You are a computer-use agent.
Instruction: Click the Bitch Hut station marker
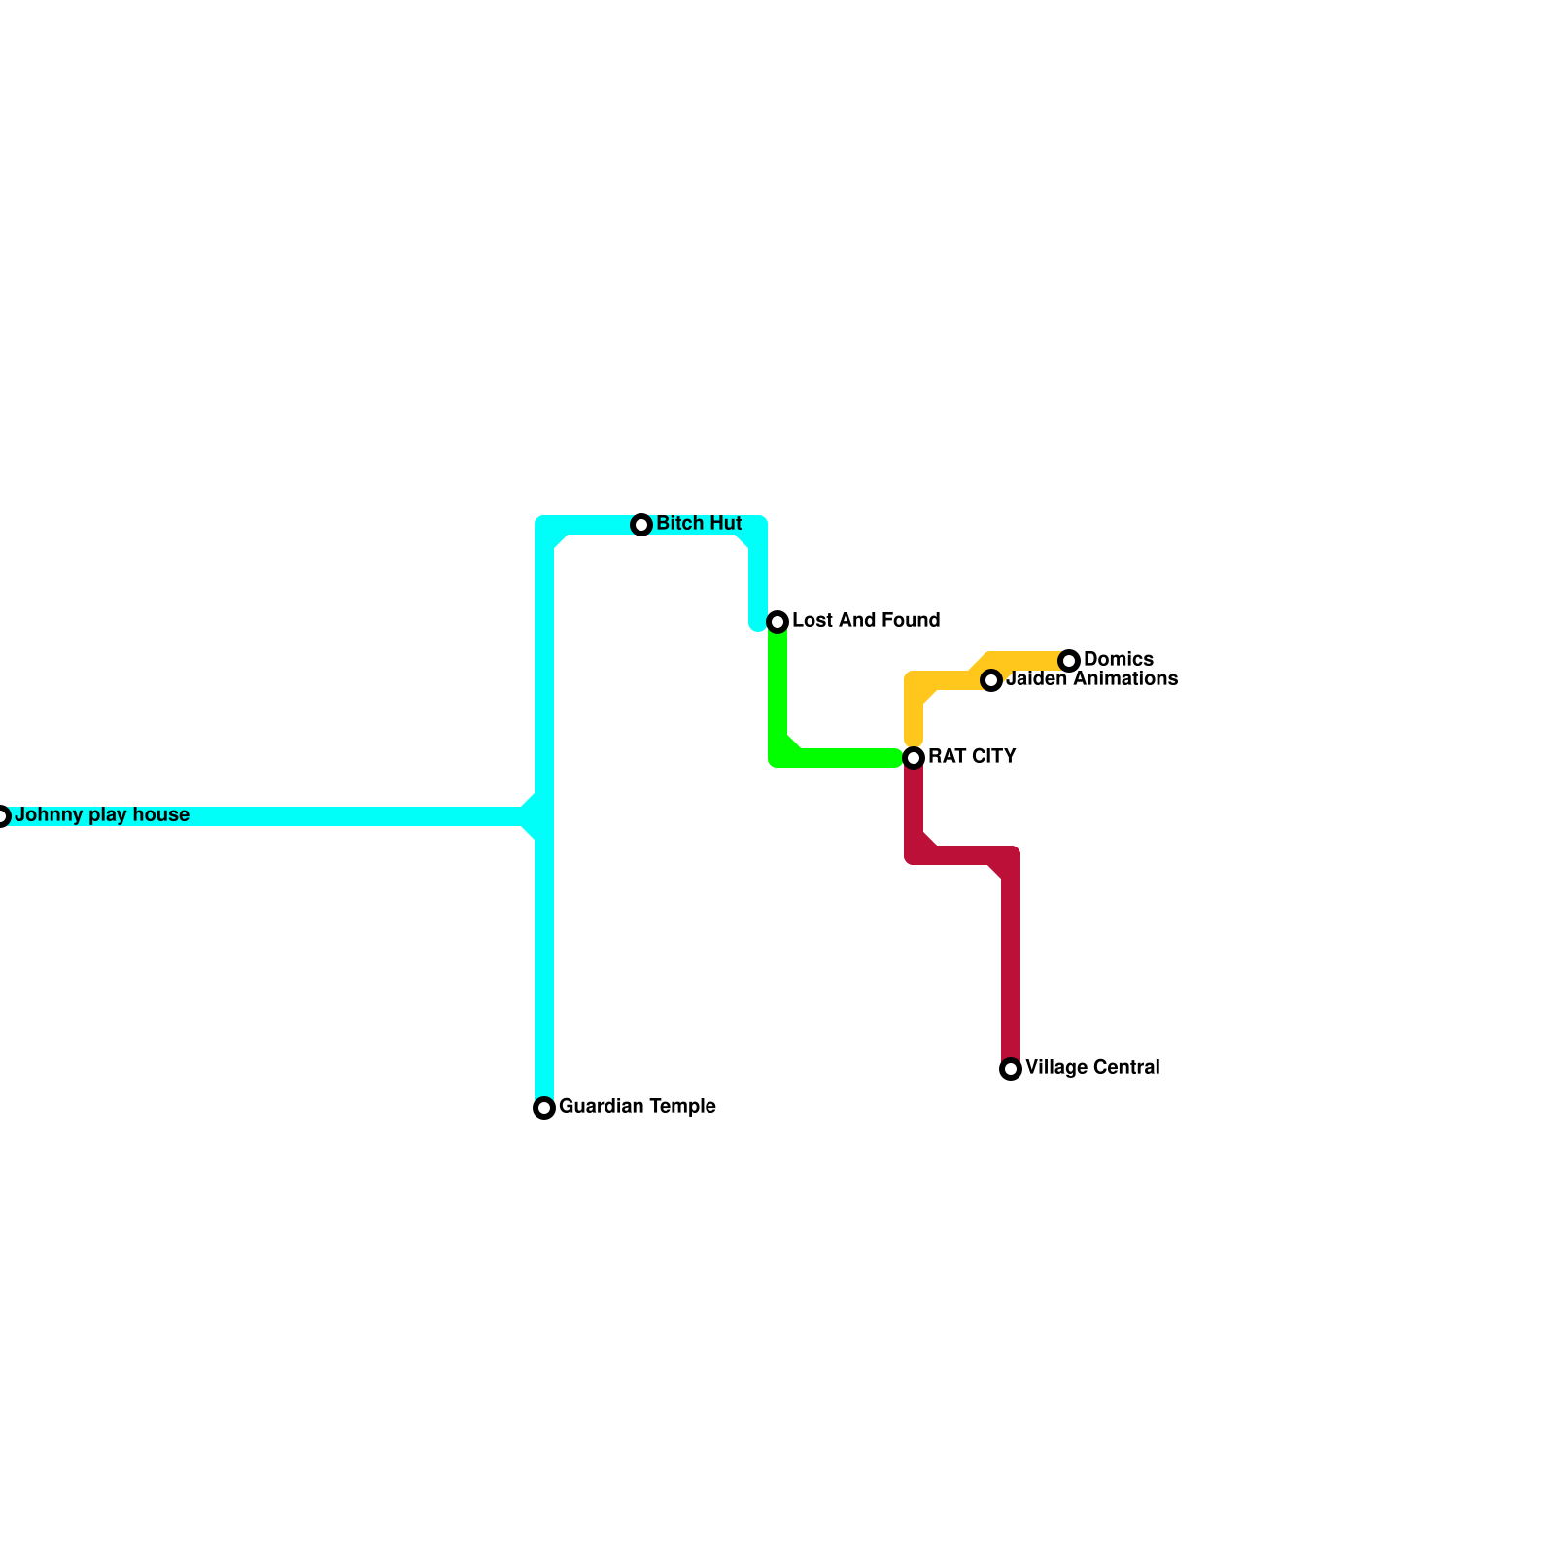pos(641,525)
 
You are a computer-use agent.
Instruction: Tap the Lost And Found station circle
pos(777,622)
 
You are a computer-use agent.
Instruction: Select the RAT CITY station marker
pos(914,758)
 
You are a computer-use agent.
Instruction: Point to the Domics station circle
pos(1069,661)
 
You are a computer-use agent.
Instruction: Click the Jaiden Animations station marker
pos(991,680)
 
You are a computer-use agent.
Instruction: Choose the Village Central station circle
pos(1011,1069)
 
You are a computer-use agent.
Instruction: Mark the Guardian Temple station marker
pos(544,1108)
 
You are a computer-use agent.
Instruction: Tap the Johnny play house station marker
pos(3,816)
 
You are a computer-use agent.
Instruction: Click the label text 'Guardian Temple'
pos(638,1107)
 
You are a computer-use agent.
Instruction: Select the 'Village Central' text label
pos(1092,1068)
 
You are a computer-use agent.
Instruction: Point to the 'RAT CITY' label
pos(972,757)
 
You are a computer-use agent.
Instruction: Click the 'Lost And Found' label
pos(866,621)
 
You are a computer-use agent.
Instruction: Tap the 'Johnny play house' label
pos(102,815)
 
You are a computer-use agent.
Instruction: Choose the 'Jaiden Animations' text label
pos(1092,679)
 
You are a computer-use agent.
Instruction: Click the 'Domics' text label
pos(1119,660)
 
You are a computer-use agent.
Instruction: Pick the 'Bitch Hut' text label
pos(699,524)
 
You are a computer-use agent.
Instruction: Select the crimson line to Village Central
pos(1011,962)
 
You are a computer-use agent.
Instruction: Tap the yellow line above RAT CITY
pos(914,714)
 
